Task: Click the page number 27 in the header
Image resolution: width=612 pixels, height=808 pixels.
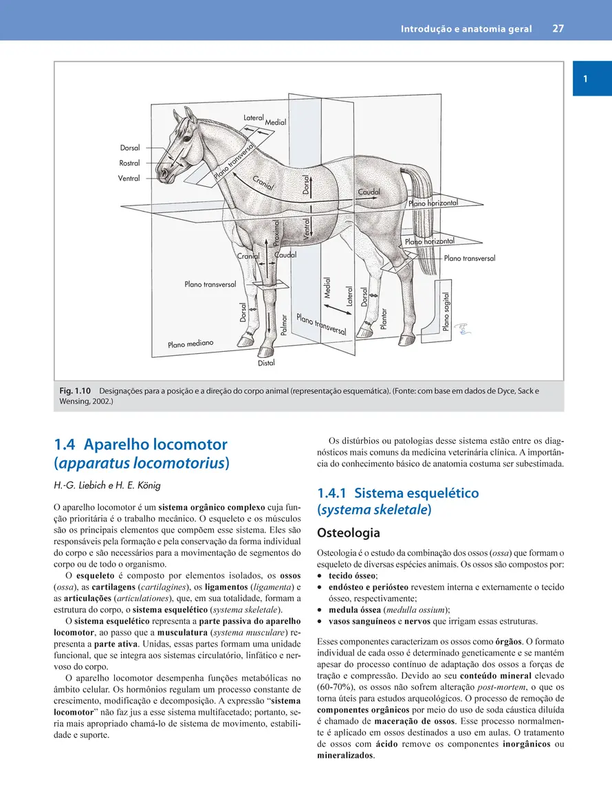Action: tap(558, 30)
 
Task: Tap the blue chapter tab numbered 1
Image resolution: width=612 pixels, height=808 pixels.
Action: tap(584, 79)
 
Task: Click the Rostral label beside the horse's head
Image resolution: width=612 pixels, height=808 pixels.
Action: tap(129, 164)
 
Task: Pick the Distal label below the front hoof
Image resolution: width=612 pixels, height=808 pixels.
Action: tap(266, 362)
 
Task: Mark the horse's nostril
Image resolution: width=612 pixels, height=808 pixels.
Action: tap(163, 174)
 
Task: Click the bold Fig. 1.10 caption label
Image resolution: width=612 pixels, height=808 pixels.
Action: tap(74, 391)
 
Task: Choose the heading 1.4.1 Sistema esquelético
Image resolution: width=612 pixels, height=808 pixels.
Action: tap(398, 493)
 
